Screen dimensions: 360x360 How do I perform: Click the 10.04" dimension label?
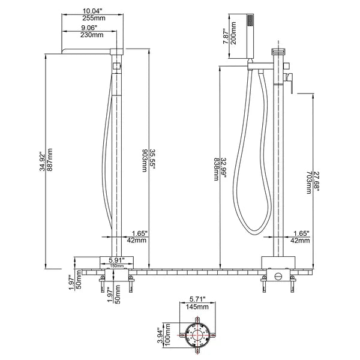[94, 10]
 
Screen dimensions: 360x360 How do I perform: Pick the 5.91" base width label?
[117, 259]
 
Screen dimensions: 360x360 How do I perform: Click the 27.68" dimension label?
[317, 180]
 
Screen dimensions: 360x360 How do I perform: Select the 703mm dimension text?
[308, 180]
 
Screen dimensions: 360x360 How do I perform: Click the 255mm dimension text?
[94, 18]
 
